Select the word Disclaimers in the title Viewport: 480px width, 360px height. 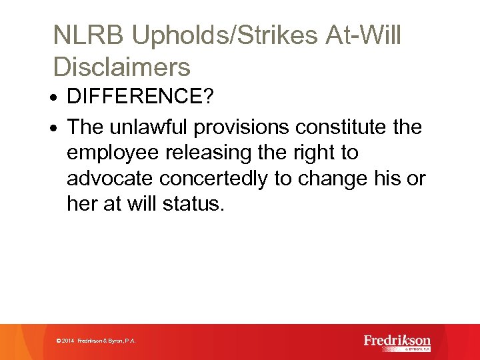pos(121,67)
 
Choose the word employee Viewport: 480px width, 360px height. pos(113,153)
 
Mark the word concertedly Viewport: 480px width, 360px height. pos(213,178)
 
